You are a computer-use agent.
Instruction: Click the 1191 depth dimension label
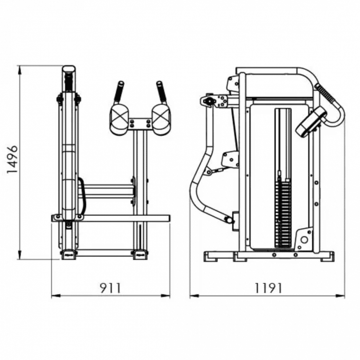click(x=268, y=288)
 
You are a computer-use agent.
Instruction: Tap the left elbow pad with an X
click(x=119, y=119)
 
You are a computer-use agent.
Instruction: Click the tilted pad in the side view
click(x=311, y=121)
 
